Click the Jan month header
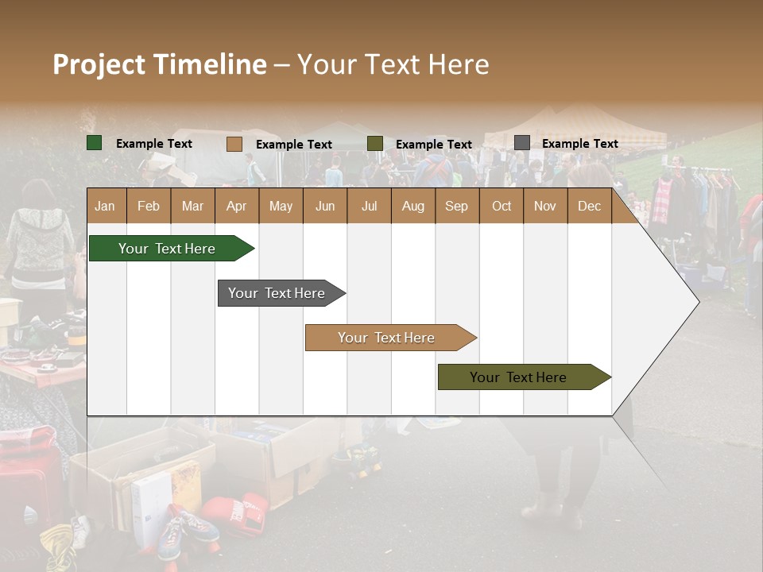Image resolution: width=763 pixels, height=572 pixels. [105, 206]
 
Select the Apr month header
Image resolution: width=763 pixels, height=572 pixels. [236, 206]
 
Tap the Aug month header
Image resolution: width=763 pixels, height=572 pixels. [412, 206]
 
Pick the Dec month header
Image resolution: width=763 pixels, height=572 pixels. [589, 206]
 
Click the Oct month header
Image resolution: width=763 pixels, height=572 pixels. [501, 206]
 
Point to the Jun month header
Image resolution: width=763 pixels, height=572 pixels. [324, 206]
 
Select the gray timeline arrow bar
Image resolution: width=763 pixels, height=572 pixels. [278, 293]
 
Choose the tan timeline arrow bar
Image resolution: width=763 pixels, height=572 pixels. [387, 338]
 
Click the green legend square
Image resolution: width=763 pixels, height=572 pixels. [94, 143]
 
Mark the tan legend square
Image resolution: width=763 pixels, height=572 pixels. [234, 144]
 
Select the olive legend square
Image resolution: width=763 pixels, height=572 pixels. [374, 144]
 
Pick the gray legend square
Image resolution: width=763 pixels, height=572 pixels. [521, 143]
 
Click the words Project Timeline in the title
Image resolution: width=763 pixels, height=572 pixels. [159, 64]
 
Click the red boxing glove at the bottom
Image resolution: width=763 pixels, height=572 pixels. [235, 512]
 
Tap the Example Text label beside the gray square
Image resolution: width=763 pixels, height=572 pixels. [579, 143]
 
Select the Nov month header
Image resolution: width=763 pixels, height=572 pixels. [544, 206]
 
